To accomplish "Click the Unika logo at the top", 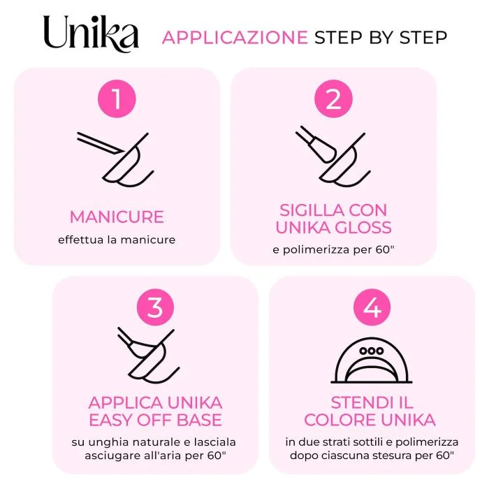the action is pyautogui.click(x=91, y=34).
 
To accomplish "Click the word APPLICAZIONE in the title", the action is pyautogui.click(x=235, y=38).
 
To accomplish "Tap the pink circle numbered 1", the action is pyautogui.click(x=117, y=98).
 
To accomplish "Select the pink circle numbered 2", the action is pyautogui.click(x=333, y=98).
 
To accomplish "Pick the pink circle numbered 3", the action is pyautogui.click(x=155, y=307).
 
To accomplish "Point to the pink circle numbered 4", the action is pyautogui.click(x=372, y=307).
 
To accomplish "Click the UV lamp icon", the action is pyautogui.click(x=372, y=360).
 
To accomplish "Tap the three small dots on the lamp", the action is pyautogui.click(x=372, y=351).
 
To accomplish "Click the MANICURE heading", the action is pyautogui.click(x=117, y=217).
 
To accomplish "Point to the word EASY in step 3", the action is pyautogui.click(x=110, y=420).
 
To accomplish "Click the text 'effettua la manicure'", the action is pyautogui.click(x=117, y=240).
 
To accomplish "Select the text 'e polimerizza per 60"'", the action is pyautogui.click(x=333, y=250).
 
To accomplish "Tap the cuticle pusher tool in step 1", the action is pyautogui.click(x=101, y=143).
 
